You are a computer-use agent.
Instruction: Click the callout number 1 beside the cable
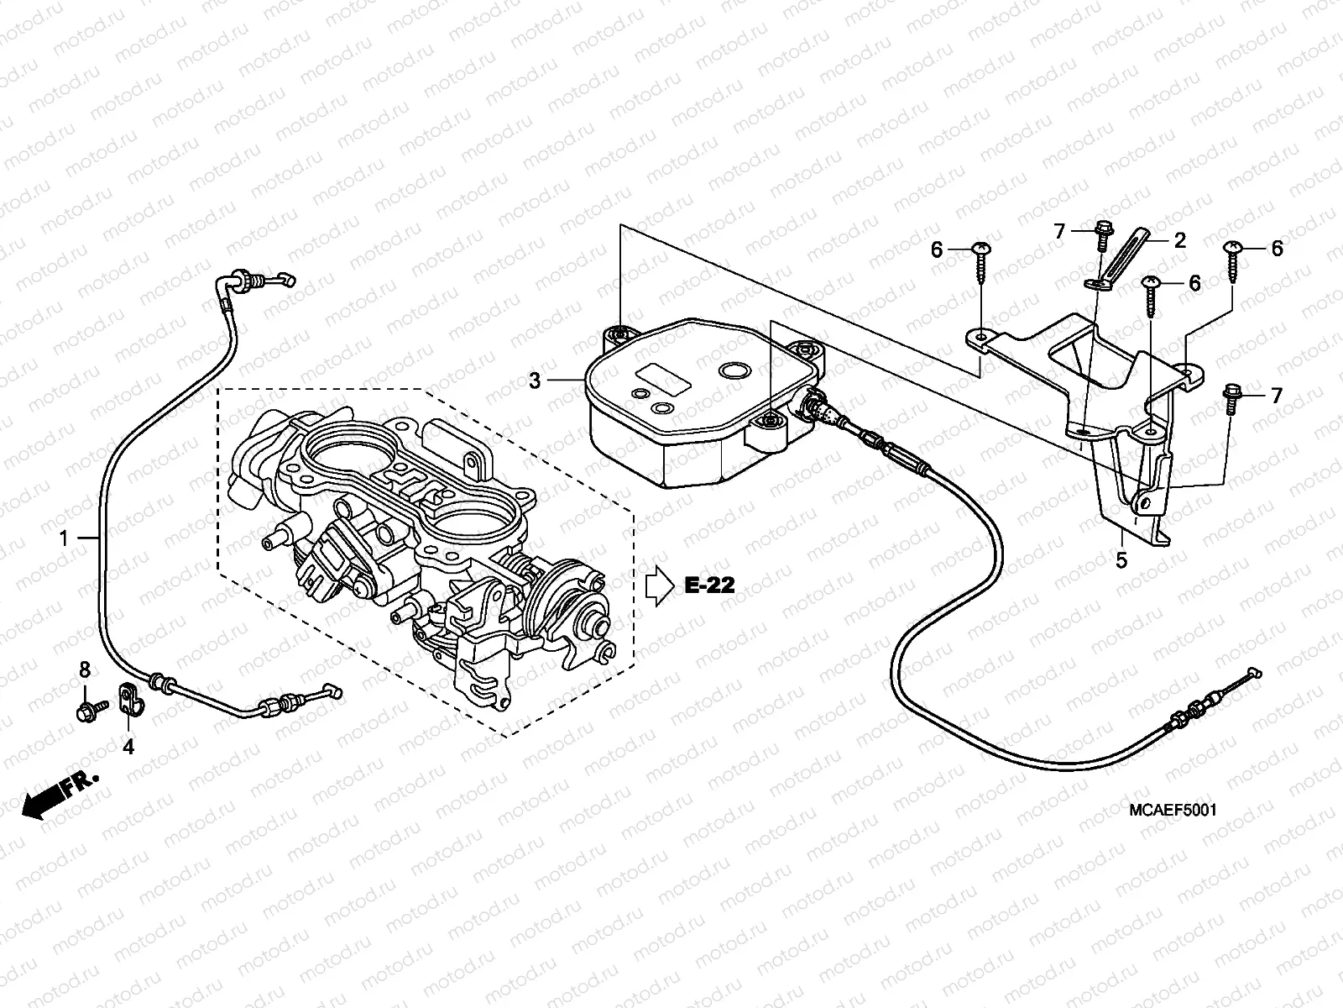[x=64, y=538]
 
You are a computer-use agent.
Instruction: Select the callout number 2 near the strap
[x=1179, y=240]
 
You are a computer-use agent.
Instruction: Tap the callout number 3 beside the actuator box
[x=535, y=381]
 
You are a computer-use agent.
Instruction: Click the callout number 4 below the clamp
[x=128, y=745]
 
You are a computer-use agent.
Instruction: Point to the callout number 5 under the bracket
[x=1121, y=559]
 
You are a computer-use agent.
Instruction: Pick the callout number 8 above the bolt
[x=83, y=669]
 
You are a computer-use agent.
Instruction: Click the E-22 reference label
[x=709, y=585]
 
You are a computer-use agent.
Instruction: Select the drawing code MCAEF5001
[x=1173, y=810]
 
